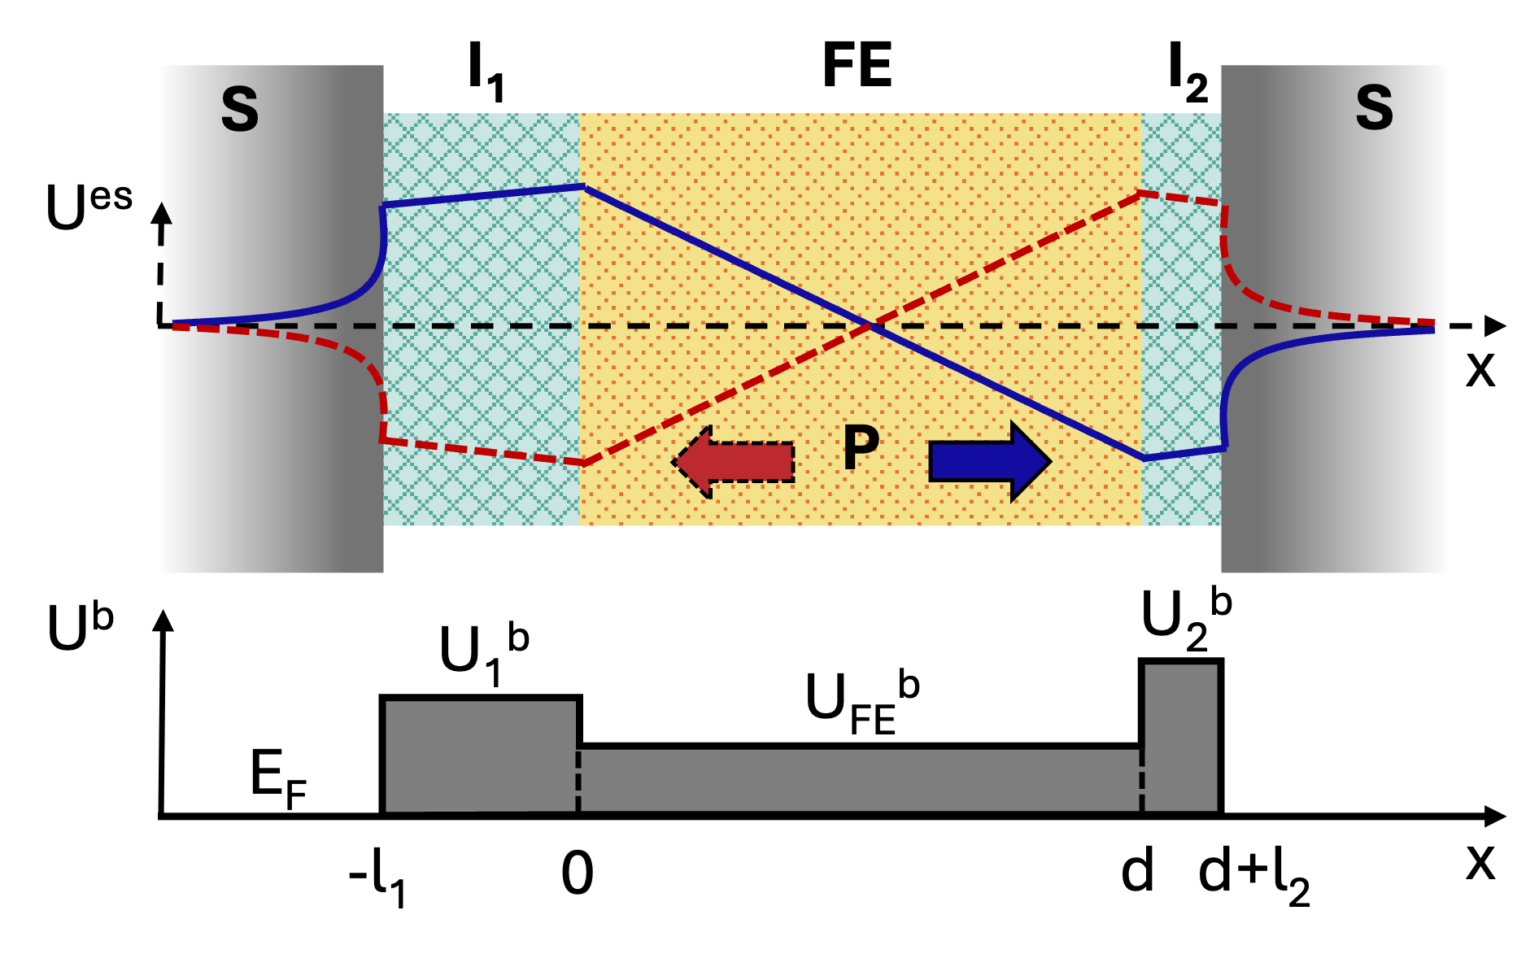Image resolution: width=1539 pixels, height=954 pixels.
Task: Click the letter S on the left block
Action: click(239, 109)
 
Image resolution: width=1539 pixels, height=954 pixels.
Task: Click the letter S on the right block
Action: click(1374, 107)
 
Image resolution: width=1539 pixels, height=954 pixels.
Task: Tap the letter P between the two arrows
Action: click(861, 447)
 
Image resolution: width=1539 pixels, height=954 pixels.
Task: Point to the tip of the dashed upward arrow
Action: click(163, 205)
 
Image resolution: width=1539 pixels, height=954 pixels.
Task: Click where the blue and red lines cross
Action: click(870, 326)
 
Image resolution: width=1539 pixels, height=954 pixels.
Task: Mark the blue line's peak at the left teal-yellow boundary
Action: click(583, 186)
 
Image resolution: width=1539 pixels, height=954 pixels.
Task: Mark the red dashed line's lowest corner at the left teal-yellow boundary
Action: click(584, 464)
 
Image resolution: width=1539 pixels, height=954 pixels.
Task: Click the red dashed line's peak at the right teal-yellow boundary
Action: click(1141, 193)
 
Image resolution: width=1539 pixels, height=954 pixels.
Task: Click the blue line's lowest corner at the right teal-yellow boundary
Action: click(1144, 459)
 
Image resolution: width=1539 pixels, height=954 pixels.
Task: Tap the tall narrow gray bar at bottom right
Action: click(1181, 737)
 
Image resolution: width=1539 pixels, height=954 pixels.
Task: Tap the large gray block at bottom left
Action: click(480, 756)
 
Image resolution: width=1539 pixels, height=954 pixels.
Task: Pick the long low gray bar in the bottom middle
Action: click(859, 780)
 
